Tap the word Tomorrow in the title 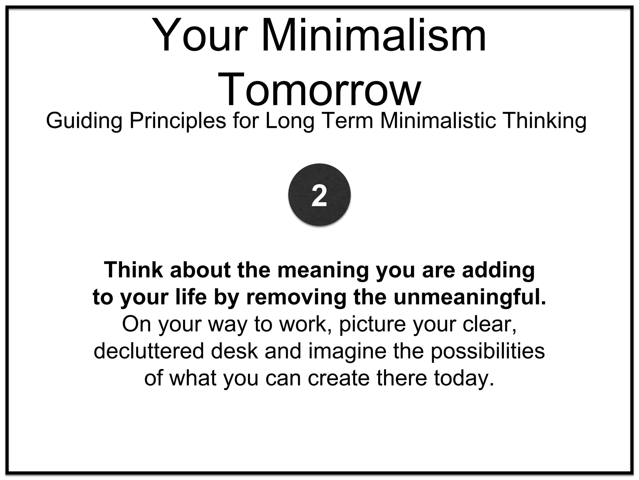(x=319, y=89)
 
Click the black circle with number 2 (x=319, y=195)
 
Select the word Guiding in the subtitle (x=84, y=121)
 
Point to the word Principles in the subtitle (x=178, y=121)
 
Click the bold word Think (x=134, y=270)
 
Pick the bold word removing (x=296, y=298)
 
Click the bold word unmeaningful (x=470, y=298)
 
